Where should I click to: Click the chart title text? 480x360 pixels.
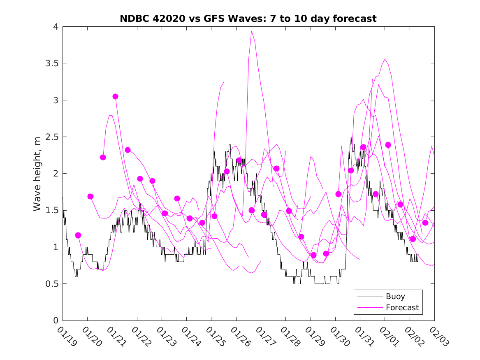pyautogui.click(x=248, y=19)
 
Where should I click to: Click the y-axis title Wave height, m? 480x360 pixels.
pyautogui.click(x=37, y=174)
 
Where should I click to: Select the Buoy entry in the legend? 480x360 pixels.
pyautogui.click(x=395, y=296)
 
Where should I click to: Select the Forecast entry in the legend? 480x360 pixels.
pyautogui.click(x=402, y=307)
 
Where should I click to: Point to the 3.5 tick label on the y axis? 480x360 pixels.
pyautogui.click(x=51, y=63)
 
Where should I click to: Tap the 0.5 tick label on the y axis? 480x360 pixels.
pyautogui.click(x=51, y=284)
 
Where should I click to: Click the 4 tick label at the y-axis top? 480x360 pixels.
pyautogui.click(x=55, y=27)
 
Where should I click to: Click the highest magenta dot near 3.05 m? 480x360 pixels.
pyautogui.click(x=115, y=96)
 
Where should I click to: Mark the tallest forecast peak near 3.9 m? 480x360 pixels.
pyautogui.click(x=251, y=31)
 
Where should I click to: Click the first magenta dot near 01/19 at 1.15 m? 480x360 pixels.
pyautogui.click(x=78, y=235)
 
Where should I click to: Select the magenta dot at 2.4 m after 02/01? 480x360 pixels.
pyautogui.click(x=388, y=145)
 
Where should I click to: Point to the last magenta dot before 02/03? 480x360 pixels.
pyautogui.click(x=425, y=223)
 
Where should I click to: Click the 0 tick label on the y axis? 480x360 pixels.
pyautogui.click(x=55, y=321)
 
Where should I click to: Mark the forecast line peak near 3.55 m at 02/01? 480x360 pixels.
pyautogui.click(x=385, y=59)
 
